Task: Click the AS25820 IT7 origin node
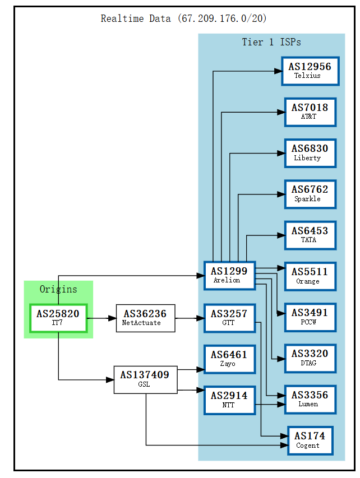pyautogui.click(x=58, y=318)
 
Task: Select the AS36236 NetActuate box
pyautogui.click(x=145, y=318)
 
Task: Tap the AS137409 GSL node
pyautogui.click(x=145, y=379)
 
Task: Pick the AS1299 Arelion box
pyautogui.click(x=229, y=275)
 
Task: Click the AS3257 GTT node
pyautogui.click(x=229, y=318)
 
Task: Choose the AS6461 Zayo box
pyautogui.click(x=229, y=359)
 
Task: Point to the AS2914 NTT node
pyautogui.click(x=229, y=400)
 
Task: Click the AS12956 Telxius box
pyautogui.click(x=310, y=71)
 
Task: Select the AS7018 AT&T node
pyautogui.click(x=310, y=112)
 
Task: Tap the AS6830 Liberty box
pyautogui.click(x=310, y=153)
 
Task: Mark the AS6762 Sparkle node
pyautogui.click(x=310, y=194)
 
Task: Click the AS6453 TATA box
pyautogui.click(x=310, y=235)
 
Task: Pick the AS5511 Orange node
pyautogui.click(x=310, y=276)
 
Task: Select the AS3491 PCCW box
pyautogui.click(x=310, y=317)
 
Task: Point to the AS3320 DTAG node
pyautogui.click(x=310, y=358)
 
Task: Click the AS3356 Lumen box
pyautogui.click(x=310, y=399)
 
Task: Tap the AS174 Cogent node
pyautogui.click(x=310, y=440)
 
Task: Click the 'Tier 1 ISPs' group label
pyautogui.click(x=271, y=42)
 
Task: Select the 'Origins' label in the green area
pyautogui.click(x=58, y=289)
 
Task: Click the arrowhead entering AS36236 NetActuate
pyautogui.click(x=112, y=318)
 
